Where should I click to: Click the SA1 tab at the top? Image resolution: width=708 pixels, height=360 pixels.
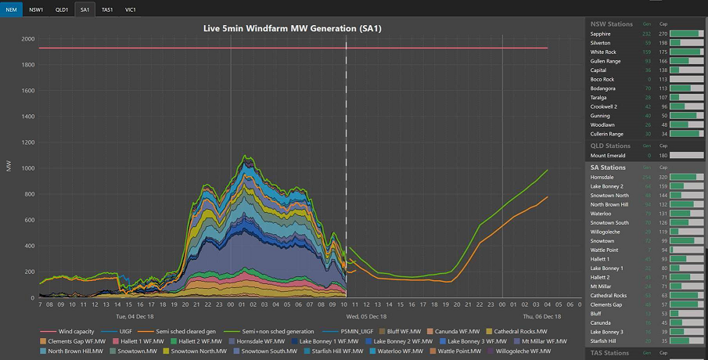pyautogui.click(x=84, y=9)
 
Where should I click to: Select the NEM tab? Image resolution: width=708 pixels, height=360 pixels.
pyautogui.click(x=12, y=9)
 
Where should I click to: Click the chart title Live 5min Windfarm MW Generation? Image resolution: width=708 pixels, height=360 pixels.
pyautogui.click(x=293, y=29)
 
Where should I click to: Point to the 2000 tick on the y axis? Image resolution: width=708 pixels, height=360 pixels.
pyautogui.click(x=27, y=39)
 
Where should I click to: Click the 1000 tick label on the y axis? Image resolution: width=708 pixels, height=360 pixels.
pyautogui.click(x=27, y=168)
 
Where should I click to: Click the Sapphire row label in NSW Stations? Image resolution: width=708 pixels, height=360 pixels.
pyautogui.click(x=601, y=34)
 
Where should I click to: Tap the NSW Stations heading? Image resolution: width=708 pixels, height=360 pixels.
pyautogui.click(x=611, y=24)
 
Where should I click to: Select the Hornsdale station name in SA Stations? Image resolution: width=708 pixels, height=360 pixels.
pyautogui.click(x=602, y=178)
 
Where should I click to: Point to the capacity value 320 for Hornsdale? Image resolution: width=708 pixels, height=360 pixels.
pyautogui.click(x=663, y=178)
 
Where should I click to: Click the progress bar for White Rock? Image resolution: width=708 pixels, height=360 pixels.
pyautogui.click(x=688, y=52)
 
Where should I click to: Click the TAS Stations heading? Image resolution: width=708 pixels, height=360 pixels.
pyautogui.click(x=610, y=353)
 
